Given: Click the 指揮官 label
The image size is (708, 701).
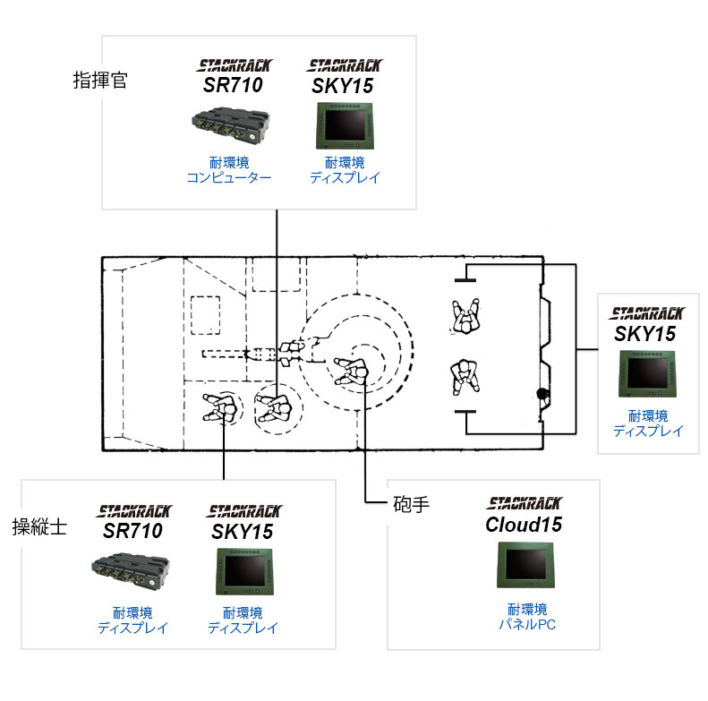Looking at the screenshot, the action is [x=100, y=81].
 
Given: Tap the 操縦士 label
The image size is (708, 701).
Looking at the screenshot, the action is [x=39, y=526].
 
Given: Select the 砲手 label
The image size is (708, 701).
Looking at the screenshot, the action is [x=412, y=504].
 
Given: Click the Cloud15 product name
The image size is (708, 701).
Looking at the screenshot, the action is [x=524, y=525].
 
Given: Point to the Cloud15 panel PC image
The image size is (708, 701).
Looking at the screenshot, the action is [x=525, y=565].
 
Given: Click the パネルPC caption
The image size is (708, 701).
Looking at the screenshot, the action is [x=527, y=625].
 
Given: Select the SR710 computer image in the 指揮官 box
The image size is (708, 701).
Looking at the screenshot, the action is [x=231, y=124].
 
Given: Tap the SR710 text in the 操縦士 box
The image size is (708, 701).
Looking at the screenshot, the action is [x=132, y=531].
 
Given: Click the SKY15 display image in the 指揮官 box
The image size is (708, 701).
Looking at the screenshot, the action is [x=345, y=126].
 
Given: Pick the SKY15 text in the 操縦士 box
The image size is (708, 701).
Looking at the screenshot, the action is [x=242, y=532].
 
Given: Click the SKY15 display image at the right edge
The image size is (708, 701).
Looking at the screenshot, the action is [x=647, y=374].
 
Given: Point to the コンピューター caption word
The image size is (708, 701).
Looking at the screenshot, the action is [x=229, y=177].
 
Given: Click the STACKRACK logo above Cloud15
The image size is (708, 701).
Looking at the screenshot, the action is [x=525, y=503].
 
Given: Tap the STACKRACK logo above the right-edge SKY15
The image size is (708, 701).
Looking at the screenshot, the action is [x=647, y=313].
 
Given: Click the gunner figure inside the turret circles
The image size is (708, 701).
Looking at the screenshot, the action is [x=352, y=372].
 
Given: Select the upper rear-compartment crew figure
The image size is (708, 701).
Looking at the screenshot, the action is [x=466, y=316].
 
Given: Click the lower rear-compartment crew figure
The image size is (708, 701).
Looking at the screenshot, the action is [x=465, y=377].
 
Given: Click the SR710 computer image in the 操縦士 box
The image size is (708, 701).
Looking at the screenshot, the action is [x=131, y=571].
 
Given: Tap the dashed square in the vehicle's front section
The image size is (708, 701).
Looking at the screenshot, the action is [x=206, y=315].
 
